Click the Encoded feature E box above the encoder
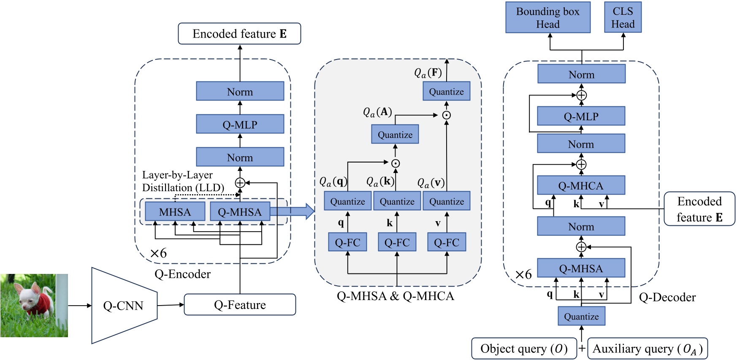[x=239, y=34]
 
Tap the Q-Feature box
[x=240, y=305]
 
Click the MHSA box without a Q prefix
[x=175, y=211]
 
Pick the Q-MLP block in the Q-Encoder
[x=240, y=125]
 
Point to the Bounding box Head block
[x=547, y=18]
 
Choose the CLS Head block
[x=623, y=18]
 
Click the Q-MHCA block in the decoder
[x=581, y=185]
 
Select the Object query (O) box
[x=524, y=349]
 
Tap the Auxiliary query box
[x=647, y=349]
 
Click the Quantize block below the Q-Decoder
[x=581, y=317]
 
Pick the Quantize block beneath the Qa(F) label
[x=446, y=92]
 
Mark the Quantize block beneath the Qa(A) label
[x=395, y=135]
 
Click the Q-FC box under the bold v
[x=447, y=243]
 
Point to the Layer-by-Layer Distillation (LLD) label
[x=183, y=181]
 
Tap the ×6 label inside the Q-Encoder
[x=158, y=253]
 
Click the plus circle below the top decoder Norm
[x=581, y=95]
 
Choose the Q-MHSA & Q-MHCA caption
[x=395, y=296]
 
